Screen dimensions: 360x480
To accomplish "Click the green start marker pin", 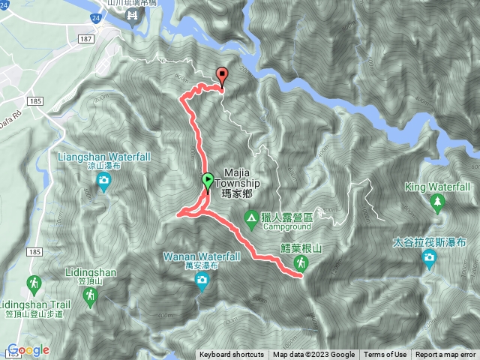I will (207, 181).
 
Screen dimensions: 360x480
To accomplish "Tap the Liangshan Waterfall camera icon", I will (103, 180).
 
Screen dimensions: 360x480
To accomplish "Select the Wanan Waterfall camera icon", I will (202, 280).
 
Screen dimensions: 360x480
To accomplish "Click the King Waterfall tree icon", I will (437, 202).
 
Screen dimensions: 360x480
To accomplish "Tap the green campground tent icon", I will (251, 218).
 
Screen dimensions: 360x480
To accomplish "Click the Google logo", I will (28, 349).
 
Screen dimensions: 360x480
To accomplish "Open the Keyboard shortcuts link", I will (232, 355).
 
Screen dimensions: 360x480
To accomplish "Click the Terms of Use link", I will (385, 355).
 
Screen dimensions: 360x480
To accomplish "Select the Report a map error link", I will (445, 355).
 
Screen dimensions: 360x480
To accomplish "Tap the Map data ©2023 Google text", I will (313, 355).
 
